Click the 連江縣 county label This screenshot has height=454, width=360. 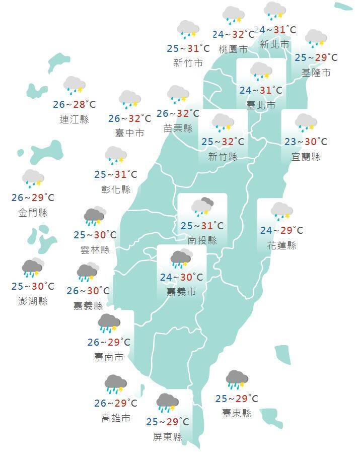(x=74, y=119)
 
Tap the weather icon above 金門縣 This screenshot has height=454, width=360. (x=33, y=178)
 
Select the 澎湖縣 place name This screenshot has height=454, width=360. (x=33, y=301)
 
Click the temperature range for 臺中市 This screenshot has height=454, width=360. (x=129, y=118)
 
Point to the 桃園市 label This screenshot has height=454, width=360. (x=233, y=49)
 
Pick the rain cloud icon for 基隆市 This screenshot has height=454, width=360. (x=316, y=38)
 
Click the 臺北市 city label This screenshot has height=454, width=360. (x=261, y=105)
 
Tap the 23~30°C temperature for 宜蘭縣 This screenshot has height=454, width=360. (x=306, y=142)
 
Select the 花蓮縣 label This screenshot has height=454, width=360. (x=282, y=245)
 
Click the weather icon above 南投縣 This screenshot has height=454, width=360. (x=202, y=206)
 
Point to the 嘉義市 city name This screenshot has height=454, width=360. (x=182, y=292)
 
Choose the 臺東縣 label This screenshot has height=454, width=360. (x=237, y=413)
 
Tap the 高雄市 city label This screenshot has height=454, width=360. (x=115, y=418)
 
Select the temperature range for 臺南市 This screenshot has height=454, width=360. (x=109, y=343)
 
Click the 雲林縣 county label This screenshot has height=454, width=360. (x=95, y=249)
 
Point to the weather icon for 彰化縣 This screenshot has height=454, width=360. (x=115, y=156)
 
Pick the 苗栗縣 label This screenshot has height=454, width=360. (x=178, y=128)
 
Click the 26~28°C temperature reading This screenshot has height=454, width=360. (x=74, y=105)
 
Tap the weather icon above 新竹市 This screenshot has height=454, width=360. (x=188, y=30)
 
